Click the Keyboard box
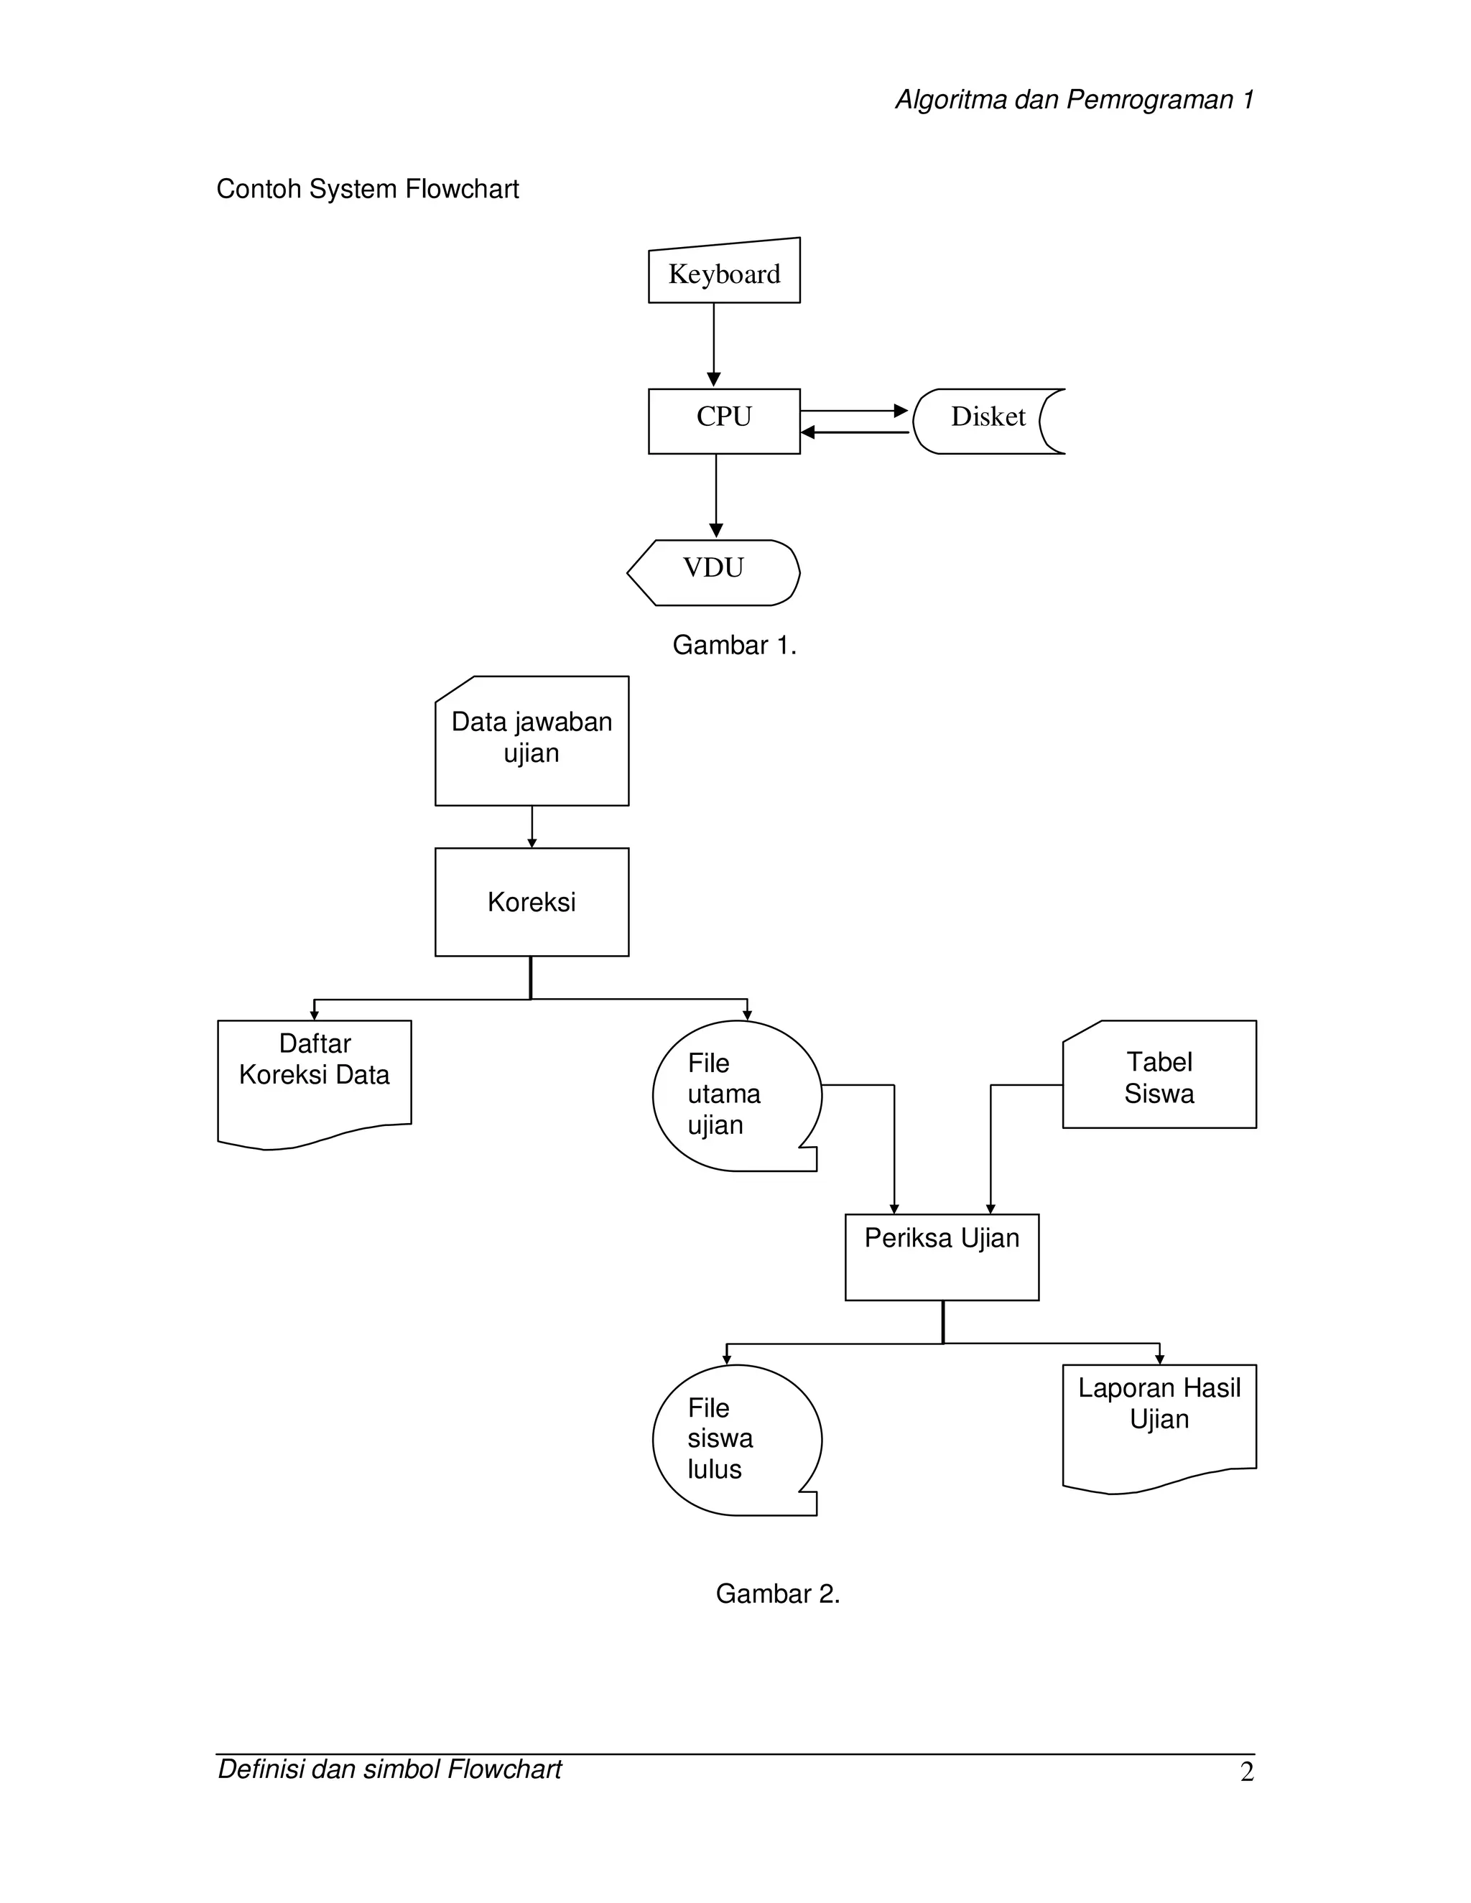[723, 274]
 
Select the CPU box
[723, 421]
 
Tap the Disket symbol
[988, 421]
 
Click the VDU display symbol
[714, 572]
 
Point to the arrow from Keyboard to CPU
[714, 345]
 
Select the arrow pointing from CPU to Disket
[854, 410]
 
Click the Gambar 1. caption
[734, 645]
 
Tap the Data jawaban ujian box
[532, 740]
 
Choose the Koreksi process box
[532, 902]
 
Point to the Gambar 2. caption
[777, 1593]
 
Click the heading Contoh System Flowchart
[367, 189]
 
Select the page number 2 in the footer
[1246, 1772]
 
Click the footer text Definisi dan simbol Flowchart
[389, 1769]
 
